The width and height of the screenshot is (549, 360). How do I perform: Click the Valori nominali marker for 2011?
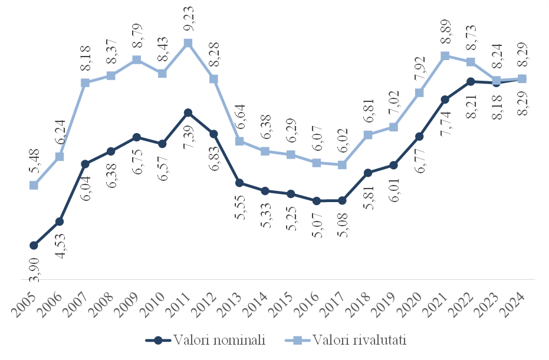(188, 113)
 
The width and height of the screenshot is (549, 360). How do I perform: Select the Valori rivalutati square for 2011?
(188, 43)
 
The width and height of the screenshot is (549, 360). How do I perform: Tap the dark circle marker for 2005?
(34, 245)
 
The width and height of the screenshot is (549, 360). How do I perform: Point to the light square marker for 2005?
(34, 185)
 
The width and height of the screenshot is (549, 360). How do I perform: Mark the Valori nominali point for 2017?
(342, 201)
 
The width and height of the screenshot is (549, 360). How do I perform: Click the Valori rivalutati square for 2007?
(85, 82)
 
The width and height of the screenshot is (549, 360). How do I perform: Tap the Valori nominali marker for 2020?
(419, 137)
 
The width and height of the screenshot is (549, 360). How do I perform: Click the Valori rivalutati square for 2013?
(239, 141)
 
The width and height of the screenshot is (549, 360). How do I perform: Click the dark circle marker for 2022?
(471, 82)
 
